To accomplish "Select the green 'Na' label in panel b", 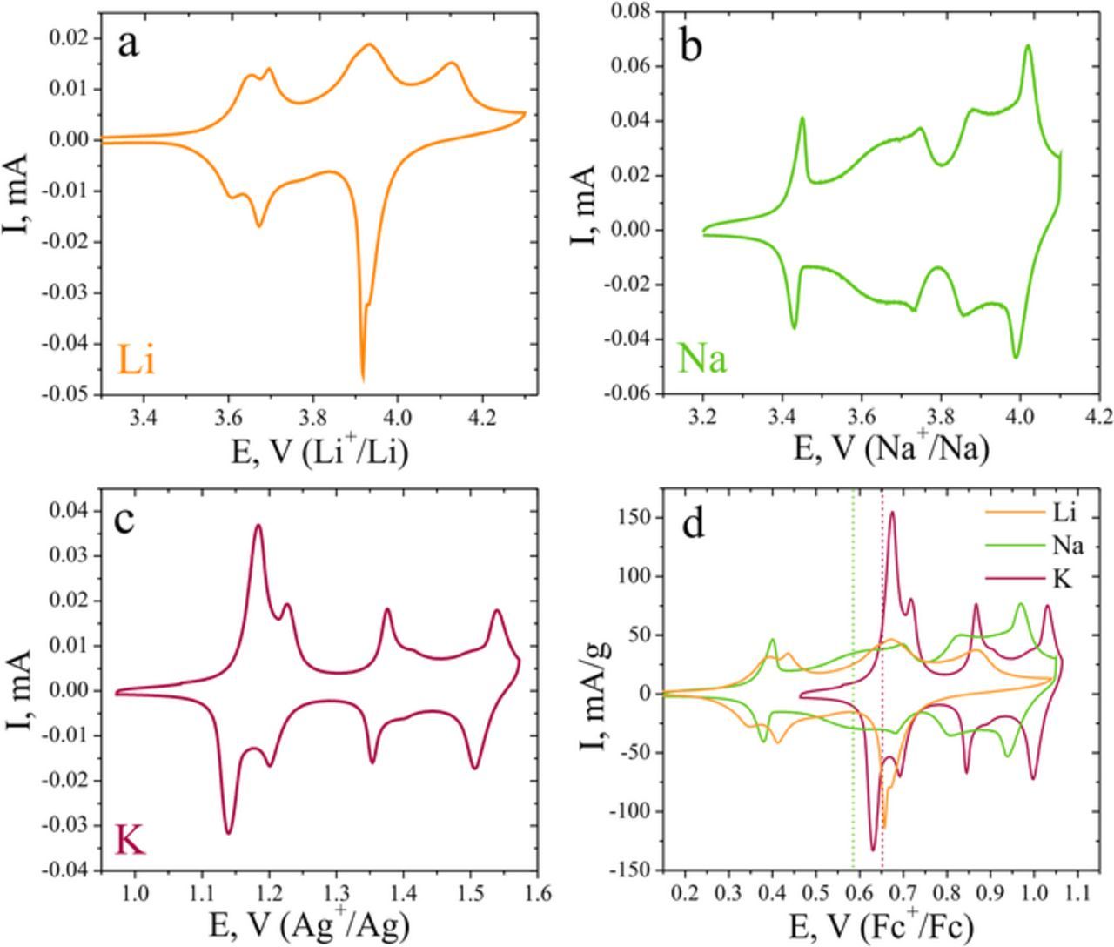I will point(702,358).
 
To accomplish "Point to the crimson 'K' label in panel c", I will point(131,842).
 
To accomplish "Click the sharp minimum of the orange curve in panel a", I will point(363,379).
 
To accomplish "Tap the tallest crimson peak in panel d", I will point(892,513).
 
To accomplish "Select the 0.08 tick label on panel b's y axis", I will point(634,11).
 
